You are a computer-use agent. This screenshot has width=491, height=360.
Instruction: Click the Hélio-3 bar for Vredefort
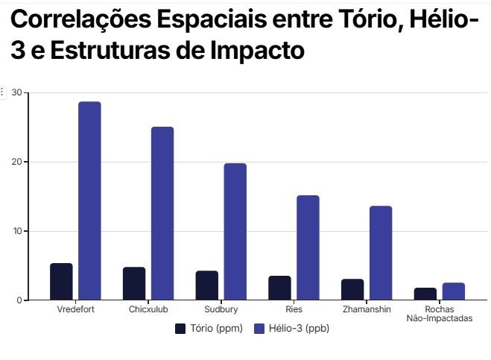(89, 201)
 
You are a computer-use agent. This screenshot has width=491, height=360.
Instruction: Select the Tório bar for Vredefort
(61, 282)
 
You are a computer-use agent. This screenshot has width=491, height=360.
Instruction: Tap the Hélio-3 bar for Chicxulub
(162, 214)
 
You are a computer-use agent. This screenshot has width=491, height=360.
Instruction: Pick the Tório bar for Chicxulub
(134, 284)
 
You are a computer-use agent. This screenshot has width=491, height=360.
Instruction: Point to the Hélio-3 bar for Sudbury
(235, 232)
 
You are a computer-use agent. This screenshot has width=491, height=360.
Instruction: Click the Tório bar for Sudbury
(207, 285)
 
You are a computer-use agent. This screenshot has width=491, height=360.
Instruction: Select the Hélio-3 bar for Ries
(308, 248)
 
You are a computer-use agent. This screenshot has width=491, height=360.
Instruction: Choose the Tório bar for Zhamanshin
(352, 290)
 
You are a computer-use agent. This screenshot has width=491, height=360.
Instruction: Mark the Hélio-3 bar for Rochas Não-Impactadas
(454, 291)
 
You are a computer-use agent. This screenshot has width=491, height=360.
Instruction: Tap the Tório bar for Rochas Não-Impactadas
(425, 294)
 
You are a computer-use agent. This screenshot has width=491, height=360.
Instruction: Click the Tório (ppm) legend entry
(209, 328)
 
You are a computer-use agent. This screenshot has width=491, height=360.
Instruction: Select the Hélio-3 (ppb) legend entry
(291, 328)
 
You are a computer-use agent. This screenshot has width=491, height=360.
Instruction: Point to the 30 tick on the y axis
(16, 93)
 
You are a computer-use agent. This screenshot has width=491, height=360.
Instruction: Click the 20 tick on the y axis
(16, 162)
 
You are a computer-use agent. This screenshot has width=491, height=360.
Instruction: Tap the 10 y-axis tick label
(16, 231)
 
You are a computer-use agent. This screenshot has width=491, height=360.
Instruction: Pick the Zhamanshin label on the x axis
(367, 309)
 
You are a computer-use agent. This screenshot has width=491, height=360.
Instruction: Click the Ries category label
(294, 309)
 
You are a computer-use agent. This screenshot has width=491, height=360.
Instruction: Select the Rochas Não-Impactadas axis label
(440, 313)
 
